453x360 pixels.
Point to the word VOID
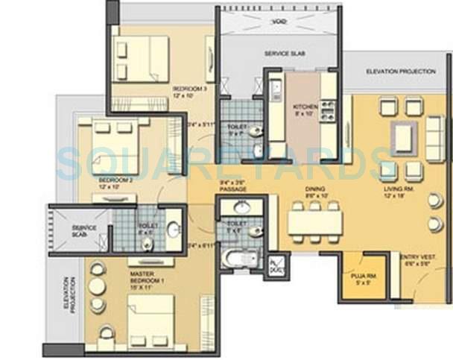coord(280,22)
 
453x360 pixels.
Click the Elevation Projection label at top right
coord(400,71)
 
